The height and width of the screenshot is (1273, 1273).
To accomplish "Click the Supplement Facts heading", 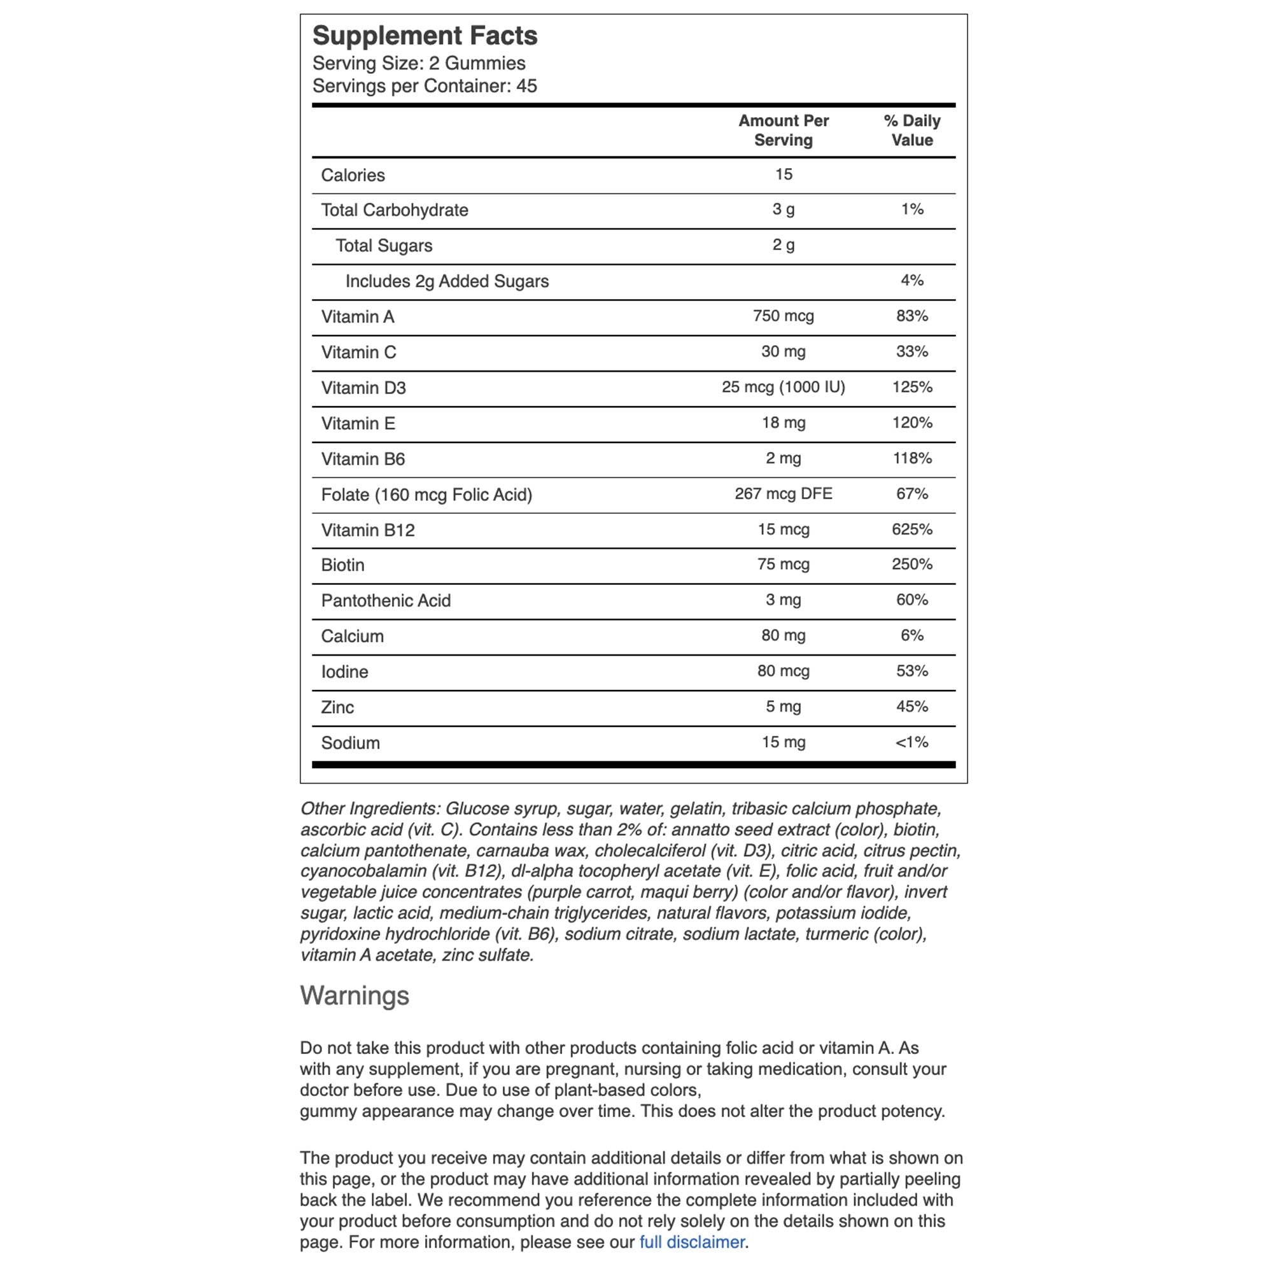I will click(x=425, y=36).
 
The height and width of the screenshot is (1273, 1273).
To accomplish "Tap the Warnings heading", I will click(x=355, y=995).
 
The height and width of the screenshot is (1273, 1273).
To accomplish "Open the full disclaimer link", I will click(x=692, y=1242).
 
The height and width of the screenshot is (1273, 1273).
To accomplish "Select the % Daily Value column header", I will click(x=912, y=130).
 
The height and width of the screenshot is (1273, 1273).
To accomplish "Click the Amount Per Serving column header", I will click(x=784, y=130).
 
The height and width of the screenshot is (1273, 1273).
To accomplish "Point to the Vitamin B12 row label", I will click(x=368, y=530).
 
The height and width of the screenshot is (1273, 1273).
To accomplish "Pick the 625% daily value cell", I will click(x=912, y=529).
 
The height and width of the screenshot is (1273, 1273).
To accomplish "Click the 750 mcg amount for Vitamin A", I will click(x=784, y=316).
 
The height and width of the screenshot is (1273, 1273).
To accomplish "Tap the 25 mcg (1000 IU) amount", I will click(x=784, y=387).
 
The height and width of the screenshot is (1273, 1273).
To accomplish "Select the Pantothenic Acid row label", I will click(x=386, y=600).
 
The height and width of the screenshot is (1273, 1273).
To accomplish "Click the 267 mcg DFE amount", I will click(x=784, y=493).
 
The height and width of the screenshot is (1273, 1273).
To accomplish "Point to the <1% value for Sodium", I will click(x=912, y=742).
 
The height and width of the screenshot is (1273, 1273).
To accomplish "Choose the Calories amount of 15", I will click(x=784, y=174).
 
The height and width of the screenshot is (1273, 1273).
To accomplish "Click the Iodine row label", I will click(x=344, y=672).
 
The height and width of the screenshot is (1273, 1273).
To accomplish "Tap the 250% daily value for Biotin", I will click(x=912, y=564).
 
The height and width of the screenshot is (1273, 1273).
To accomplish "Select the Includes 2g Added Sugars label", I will click(x=447, y=281).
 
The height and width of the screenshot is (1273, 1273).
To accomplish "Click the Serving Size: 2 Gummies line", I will click(x=418, y=63).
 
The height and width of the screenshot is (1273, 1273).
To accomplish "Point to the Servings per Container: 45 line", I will click(x=425, y=86).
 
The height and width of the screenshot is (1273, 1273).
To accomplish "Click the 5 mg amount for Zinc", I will click(x=784, y=707).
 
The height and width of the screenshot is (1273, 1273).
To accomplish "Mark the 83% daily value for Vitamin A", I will click(x=912, y=316).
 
